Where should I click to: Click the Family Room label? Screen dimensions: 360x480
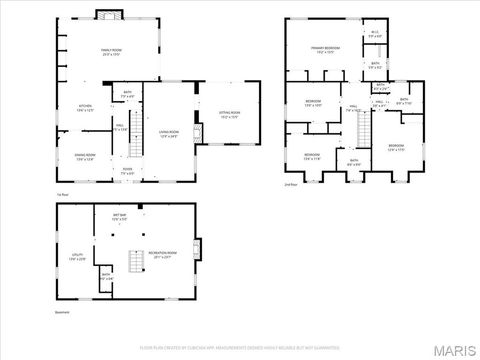(109, 52)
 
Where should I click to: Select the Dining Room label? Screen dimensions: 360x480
(85, 157)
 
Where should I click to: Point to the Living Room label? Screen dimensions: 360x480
(168, 133)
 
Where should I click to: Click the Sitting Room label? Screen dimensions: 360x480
(230, 114)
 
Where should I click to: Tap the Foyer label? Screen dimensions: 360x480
(128, 170)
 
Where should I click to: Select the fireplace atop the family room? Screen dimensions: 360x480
(108, 14)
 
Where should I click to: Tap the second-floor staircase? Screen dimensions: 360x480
(364, 127)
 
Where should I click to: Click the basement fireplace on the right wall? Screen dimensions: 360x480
(197, 248)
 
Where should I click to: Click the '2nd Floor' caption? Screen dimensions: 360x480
(291, 185)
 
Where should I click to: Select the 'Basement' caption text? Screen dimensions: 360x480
(63, 312)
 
